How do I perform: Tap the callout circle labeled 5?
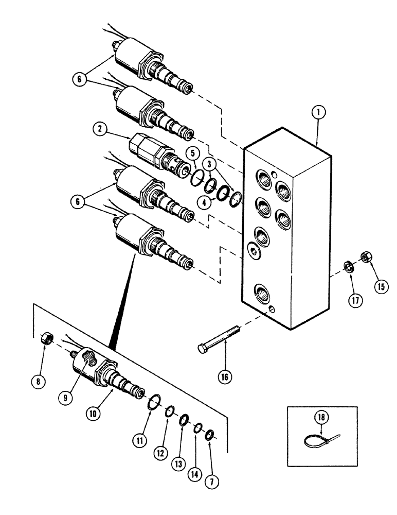(191, 153)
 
